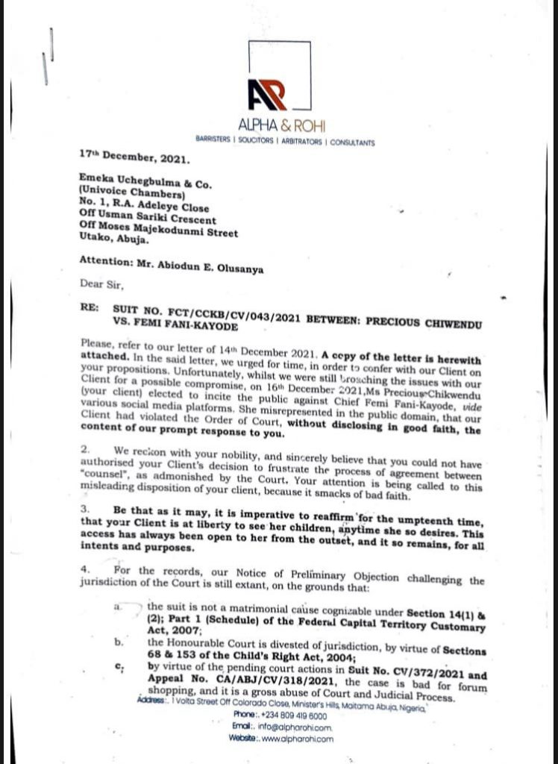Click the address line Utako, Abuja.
[x=113, y=239]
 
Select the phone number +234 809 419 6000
[x=291, y=714]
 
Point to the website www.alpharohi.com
[x=298, y=738]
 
